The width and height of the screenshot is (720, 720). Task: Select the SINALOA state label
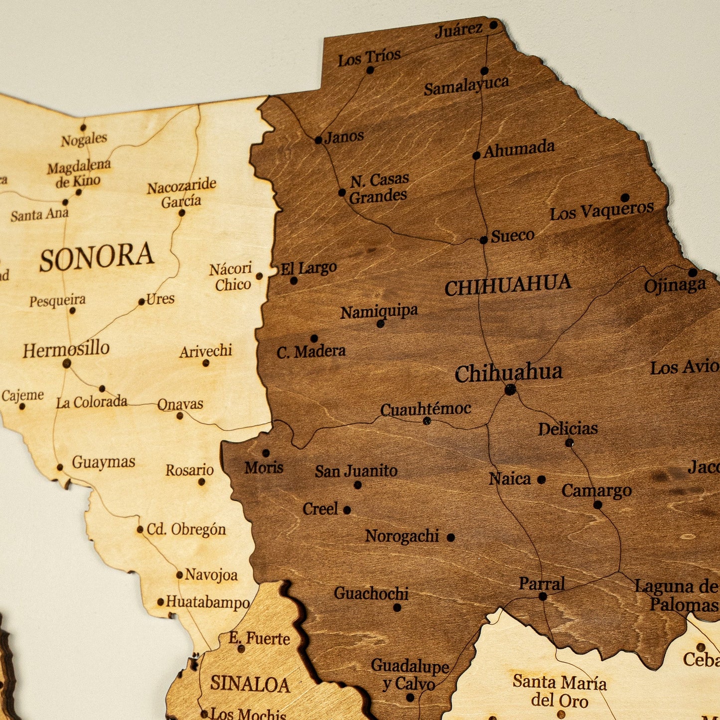[250, 684]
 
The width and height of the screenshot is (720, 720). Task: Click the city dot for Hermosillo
[67, 364]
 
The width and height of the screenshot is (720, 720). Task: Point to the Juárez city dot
[493, 24]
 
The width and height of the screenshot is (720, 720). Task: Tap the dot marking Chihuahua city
[510, 390]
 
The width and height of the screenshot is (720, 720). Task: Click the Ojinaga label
[675, 286]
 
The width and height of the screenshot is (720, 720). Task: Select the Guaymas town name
[103, 462]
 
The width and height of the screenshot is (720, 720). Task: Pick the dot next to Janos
[318, 140]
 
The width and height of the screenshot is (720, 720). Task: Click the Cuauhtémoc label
[426, 409]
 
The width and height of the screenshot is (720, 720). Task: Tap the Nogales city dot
[83, 128]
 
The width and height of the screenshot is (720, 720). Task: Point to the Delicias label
[568, 429]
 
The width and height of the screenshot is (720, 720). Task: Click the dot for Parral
[543, 596]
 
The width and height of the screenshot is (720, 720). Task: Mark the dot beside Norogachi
[450, 538]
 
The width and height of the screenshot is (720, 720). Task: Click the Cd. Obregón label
[186, 529]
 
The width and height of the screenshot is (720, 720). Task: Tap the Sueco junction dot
[483, 240]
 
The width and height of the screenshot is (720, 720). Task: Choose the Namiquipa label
[379, 312]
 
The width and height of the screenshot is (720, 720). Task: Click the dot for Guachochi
[397, 607]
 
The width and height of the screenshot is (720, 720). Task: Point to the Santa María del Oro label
[560, 691]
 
